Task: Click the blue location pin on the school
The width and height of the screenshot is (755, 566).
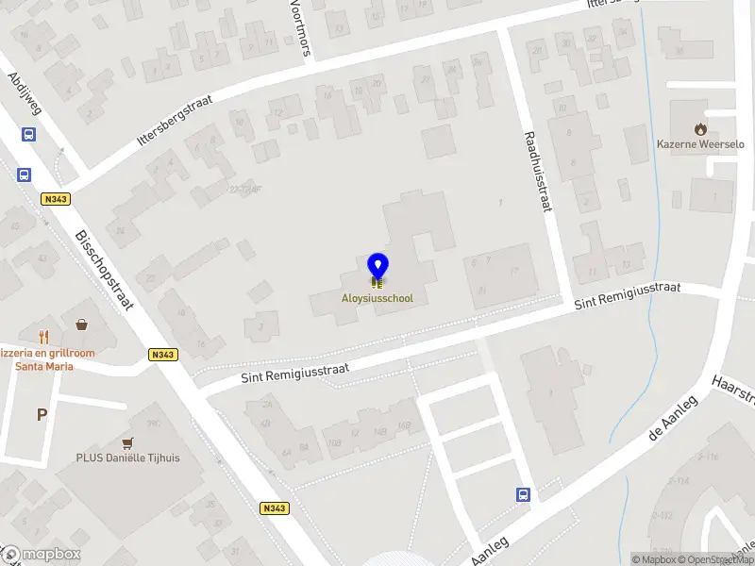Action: (377, 268)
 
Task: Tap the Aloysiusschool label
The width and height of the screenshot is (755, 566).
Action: (377, 298)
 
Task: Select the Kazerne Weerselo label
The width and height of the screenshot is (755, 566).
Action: (700, 144)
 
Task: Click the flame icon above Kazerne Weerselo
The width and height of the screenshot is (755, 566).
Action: (700, 127)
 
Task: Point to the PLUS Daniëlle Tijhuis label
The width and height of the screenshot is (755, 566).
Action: (128, 458)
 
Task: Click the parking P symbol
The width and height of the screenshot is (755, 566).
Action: (41, 414)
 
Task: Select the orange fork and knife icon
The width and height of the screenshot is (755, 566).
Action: (43, 336)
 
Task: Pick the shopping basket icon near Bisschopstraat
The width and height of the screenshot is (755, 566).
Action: (82, 325)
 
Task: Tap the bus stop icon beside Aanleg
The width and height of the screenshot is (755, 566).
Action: (523, 493)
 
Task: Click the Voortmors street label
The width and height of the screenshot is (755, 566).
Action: (301, 27)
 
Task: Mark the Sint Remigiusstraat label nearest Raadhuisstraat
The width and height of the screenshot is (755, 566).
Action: (628, 294)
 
